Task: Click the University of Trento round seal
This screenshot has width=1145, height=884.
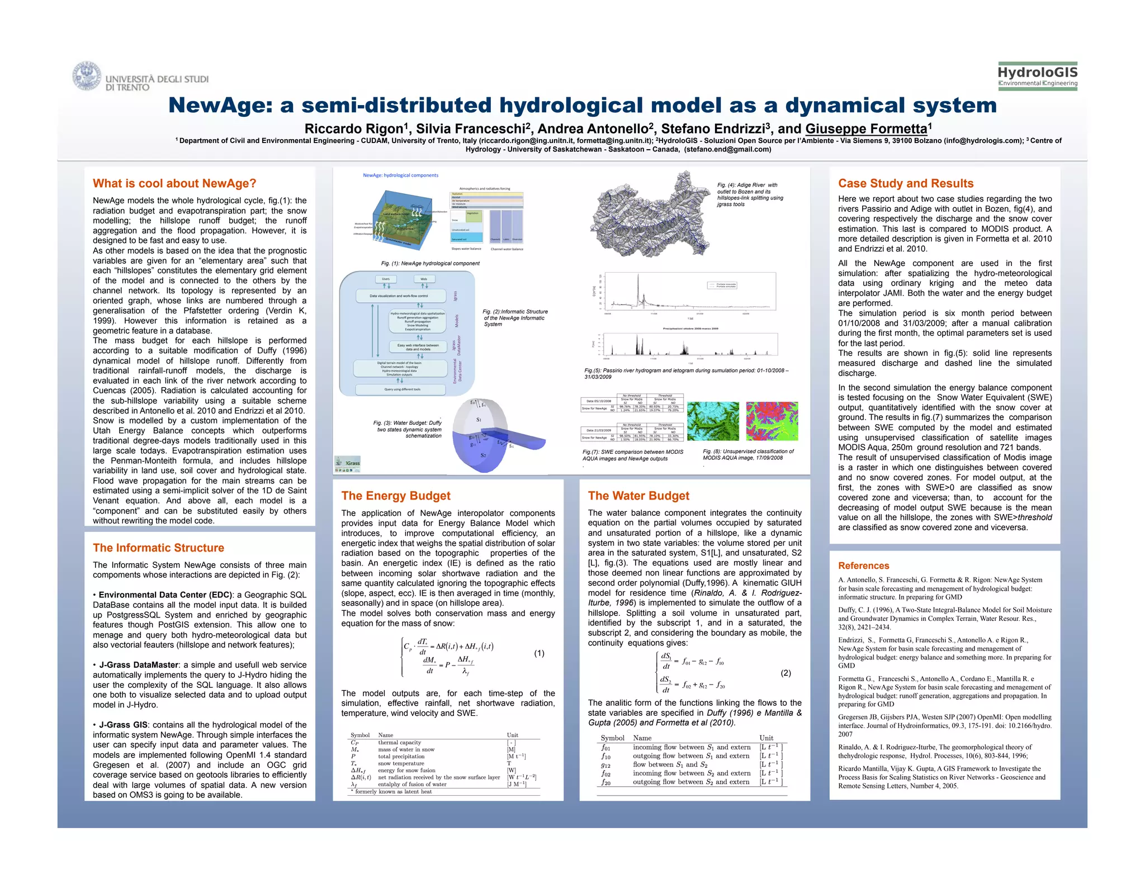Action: click(x=87, y=77)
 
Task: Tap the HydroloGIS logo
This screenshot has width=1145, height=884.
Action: click(x=1037, y=76)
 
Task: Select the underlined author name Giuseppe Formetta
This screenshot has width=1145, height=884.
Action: click(x=866, y=129)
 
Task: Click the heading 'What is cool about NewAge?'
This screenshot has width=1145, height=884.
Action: click(x=174, y=183)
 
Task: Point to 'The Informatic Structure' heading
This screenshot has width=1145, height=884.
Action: click(x=158, y=548)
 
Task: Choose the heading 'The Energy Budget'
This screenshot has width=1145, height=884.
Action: click(x=396, y=496)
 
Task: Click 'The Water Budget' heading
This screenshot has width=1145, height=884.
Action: click(x=638, y=496)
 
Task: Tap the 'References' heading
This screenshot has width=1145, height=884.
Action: click(x=863, y=565)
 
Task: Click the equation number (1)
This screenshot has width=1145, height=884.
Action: click(x=539, y=653)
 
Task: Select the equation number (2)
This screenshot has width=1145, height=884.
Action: click(x=786, y=673)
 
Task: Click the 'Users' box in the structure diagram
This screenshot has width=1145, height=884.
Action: click(x=386, y=279)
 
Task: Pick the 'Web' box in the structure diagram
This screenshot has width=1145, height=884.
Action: click(x=424, y=279)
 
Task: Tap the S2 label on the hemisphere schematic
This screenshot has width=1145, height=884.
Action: click(x=483, y=455)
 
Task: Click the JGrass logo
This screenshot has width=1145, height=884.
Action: click(x=347, y=463)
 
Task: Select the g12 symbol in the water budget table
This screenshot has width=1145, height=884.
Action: click(x=606, y=764)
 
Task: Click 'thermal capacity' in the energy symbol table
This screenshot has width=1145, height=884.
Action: click(x=399, y=743)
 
